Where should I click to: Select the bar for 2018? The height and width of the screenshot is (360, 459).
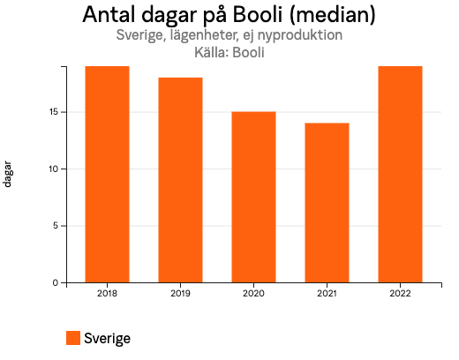pos(107,174)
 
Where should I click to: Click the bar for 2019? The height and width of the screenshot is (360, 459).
pos(180,180)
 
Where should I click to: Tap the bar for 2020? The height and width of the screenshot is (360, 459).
pos(253,197)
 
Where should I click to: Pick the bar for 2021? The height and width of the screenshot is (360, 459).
pos(327,202)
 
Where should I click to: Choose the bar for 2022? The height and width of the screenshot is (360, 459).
pos(400,174)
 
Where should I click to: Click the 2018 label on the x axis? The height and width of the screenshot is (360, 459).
pos(107,293)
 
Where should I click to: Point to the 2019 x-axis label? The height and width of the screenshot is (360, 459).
pos(180,293)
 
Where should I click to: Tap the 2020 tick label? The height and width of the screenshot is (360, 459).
pos(253,293)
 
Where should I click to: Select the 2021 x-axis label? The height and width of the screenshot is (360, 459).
pos(327,293)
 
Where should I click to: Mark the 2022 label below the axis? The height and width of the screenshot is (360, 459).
pos(400,293)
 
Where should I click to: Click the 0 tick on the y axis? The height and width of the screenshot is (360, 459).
pos(56,282)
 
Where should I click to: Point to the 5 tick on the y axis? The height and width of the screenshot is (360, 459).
pos(56,226)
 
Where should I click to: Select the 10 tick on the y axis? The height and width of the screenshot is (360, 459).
pos(53,169)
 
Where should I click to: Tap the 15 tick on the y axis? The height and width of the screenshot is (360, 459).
pos(53,112)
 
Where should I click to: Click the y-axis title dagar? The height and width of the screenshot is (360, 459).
pos(8,174)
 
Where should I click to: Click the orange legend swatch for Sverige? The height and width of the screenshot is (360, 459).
pos(73,338)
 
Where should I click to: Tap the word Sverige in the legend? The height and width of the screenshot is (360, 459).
pos(107,338)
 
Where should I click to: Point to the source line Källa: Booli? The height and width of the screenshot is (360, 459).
pos(229,52)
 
